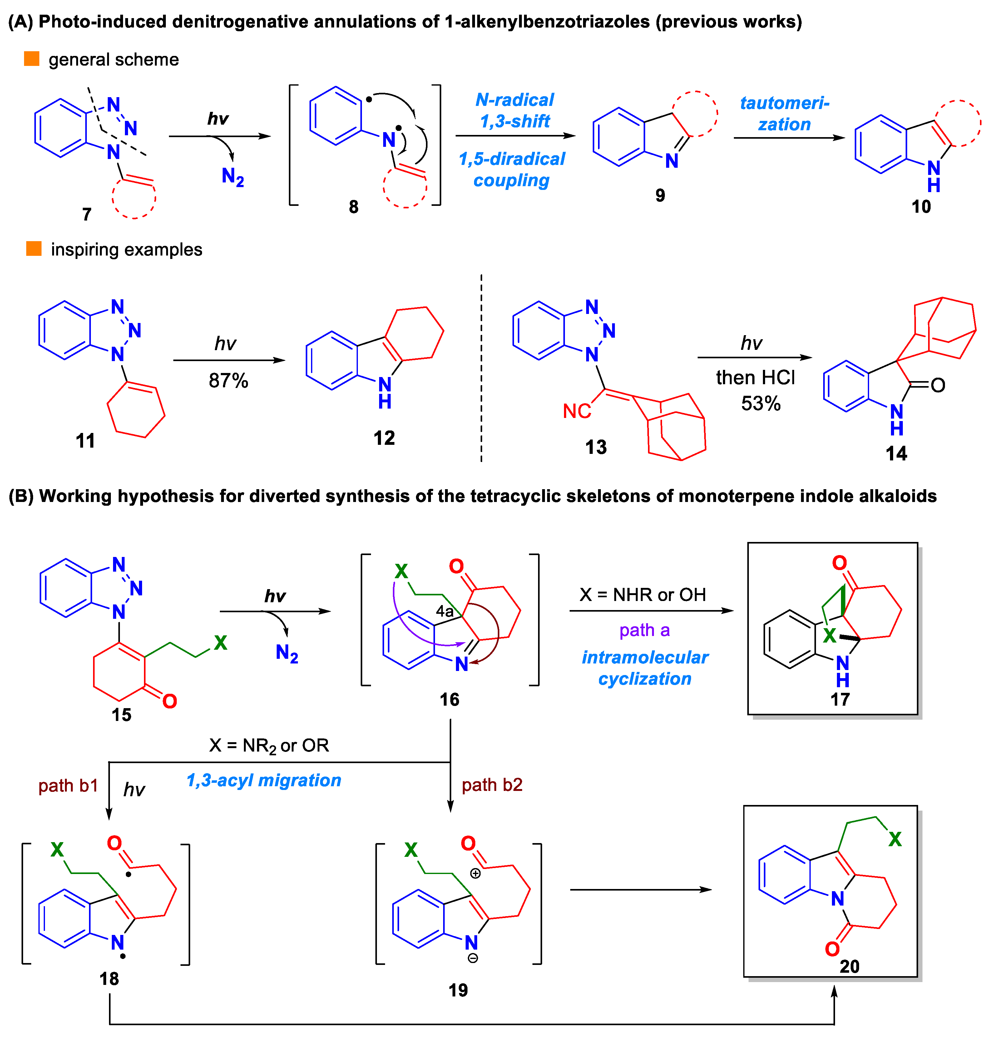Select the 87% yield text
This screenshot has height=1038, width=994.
(x=228, y=380)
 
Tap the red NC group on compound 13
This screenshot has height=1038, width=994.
(x=577, y=411)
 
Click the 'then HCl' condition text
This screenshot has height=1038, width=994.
(x=755, y=378)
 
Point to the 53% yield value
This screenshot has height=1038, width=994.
(x=760, y=404)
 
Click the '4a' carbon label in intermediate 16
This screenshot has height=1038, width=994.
(x=444, y=611)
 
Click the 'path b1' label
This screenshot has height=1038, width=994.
(x=68, y=785)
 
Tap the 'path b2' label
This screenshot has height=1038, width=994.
(x=492, y=784)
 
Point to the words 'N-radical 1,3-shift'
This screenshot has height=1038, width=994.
(x=515, y=110)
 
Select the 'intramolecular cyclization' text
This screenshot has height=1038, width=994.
(x=645, y=668)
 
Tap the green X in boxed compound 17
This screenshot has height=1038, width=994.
(x=829, y=635)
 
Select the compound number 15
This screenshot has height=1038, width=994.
(x=121, y=715)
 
